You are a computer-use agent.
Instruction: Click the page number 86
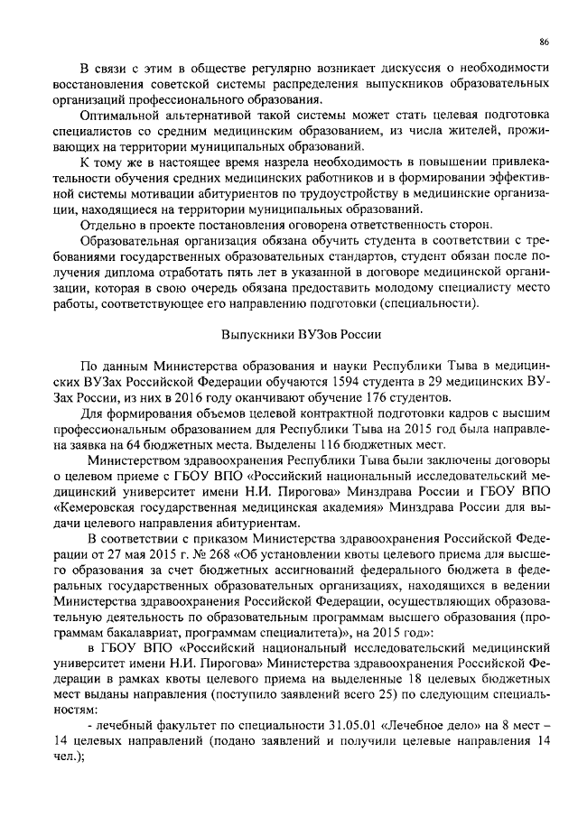[545, 42]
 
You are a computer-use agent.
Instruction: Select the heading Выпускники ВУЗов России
[301, 333]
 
